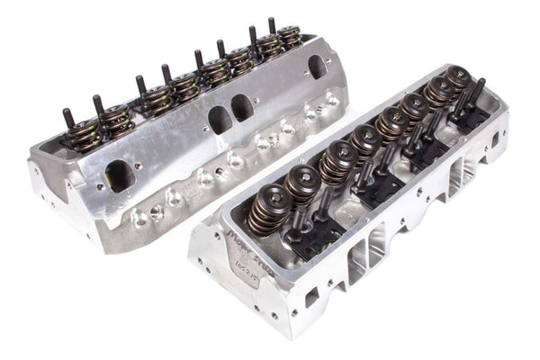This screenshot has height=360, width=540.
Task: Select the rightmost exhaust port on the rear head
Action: point(317,68)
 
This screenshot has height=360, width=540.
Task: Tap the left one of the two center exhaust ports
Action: point(220,119)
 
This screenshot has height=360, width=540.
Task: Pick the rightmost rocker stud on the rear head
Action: point(271,25)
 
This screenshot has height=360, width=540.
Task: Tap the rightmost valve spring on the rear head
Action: point(289,37)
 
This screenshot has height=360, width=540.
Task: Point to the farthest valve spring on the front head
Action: point(459,79)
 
